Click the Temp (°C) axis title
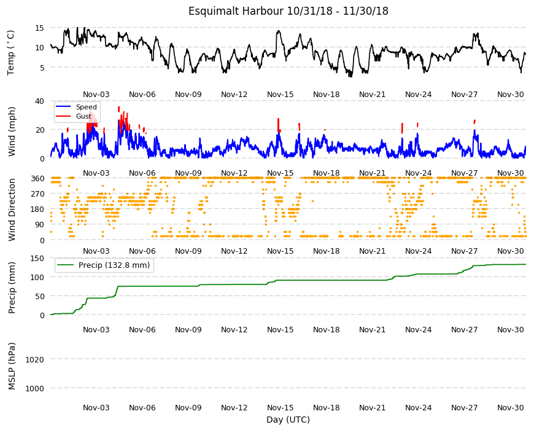[11, 52]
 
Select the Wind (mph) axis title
[12, 131]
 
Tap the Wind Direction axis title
[12, 209]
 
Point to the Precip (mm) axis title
[12, 287]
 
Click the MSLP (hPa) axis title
[12, 366]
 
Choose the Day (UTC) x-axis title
[288, 420]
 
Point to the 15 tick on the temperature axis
[39, 28]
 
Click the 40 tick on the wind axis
[39, 101]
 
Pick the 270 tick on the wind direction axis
[37, 194]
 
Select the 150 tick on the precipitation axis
[37, 258]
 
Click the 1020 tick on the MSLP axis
[35, 359]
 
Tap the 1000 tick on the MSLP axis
[35, 388]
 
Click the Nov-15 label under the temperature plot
[281, 95]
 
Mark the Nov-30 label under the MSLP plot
[511, 407]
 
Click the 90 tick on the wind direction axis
[40, 225]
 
